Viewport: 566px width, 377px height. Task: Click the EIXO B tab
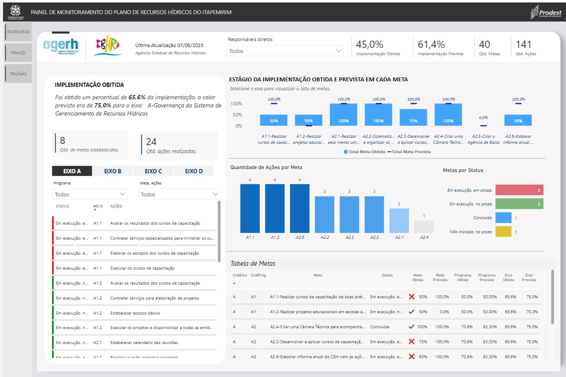(113, 171)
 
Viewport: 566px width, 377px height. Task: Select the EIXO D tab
(194, 171)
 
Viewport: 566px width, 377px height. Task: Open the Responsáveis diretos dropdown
(285, 51)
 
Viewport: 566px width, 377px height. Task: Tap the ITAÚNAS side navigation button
(18, 74)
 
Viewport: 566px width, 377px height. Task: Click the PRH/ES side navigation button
(18, 53)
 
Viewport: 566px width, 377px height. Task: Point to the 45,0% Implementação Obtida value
(369, 45)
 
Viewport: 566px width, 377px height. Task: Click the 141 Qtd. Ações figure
(523, 45)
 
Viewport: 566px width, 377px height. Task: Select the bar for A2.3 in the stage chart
(413, 118)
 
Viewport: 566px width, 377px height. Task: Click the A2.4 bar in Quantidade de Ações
(424, 227)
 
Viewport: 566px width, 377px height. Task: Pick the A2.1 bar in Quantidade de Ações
(399, 221)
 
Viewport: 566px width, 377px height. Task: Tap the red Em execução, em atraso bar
(519, 190)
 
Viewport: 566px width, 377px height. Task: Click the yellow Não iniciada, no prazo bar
(503, 232)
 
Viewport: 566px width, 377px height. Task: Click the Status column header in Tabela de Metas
(387, 275)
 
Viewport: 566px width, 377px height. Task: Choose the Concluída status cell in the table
(380, 327)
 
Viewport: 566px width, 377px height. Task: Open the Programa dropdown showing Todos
(90, 194)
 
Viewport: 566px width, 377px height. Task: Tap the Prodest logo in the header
(546, 12)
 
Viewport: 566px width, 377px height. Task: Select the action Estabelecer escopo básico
(135, 313)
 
